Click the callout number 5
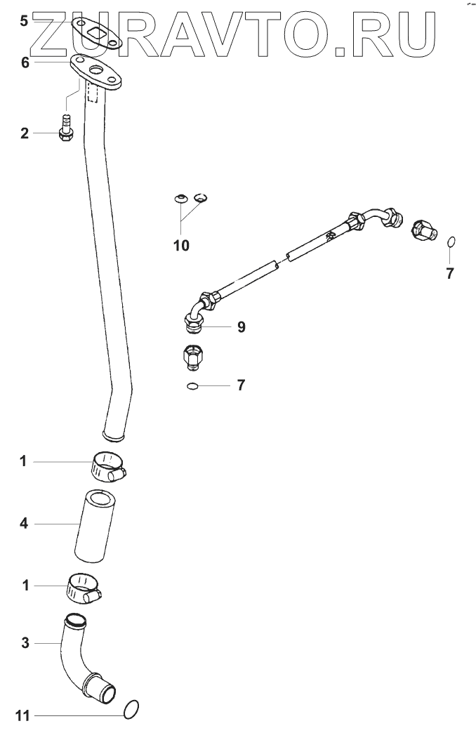click(x=24, y=21)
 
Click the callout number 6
click(x=25, y=62)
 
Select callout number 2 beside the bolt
click(x=24, y=133)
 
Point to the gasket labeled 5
click(x=98, y=33)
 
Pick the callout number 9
click(x=241, y=326)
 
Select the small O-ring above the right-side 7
click(x=451, y=242)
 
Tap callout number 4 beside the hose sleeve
click(x=23, y=523)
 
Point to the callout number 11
click(x=23, y=716)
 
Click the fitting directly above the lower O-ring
click(x=192, y=355)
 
